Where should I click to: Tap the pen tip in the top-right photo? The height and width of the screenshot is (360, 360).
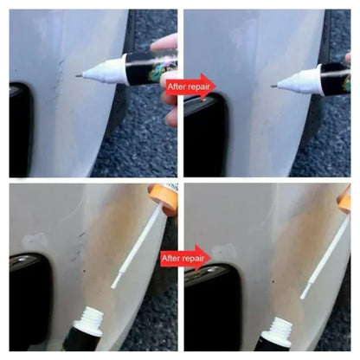[x=282, y=84]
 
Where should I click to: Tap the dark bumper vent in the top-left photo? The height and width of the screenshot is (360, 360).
[x=21, y=121]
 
